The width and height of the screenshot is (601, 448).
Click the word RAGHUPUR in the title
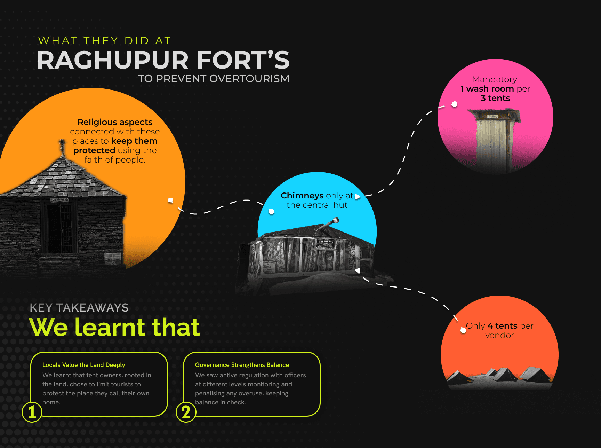(x=113, y=60)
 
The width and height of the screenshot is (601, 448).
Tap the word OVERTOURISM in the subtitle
(x=249, y=79)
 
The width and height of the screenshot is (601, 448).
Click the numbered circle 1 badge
(x=32, y=412)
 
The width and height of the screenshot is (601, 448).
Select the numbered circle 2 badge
(x=186, y=412)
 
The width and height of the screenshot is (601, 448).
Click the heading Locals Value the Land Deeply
(x=83, y=365)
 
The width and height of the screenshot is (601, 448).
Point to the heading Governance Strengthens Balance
(x=242, y=365)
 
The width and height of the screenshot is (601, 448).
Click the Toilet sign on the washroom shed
(x=492, y=117)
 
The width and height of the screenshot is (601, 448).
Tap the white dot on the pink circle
(x=454, y=104)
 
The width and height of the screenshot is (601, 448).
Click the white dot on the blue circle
(x=271, y=211)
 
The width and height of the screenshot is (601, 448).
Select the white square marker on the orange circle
(x=170, y=200)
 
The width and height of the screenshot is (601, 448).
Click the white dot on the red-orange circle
(x=463, y=330)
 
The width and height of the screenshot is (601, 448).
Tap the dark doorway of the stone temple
(x=54, y=228)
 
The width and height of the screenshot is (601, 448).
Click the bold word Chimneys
(x=302, y=196)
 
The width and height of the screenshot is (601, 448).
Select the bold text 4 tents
(x=502, y=326)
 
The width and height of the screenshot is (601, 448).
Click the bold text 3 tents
(x=495, y=98)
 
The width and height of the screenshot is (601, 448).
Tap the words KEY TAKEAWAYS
(x=79, y=308)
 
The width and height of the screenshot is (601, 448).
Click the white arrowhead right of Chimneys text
(x=358, y=197)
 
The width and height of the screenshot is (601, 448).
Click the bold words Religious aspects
(x=115, y=122)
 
